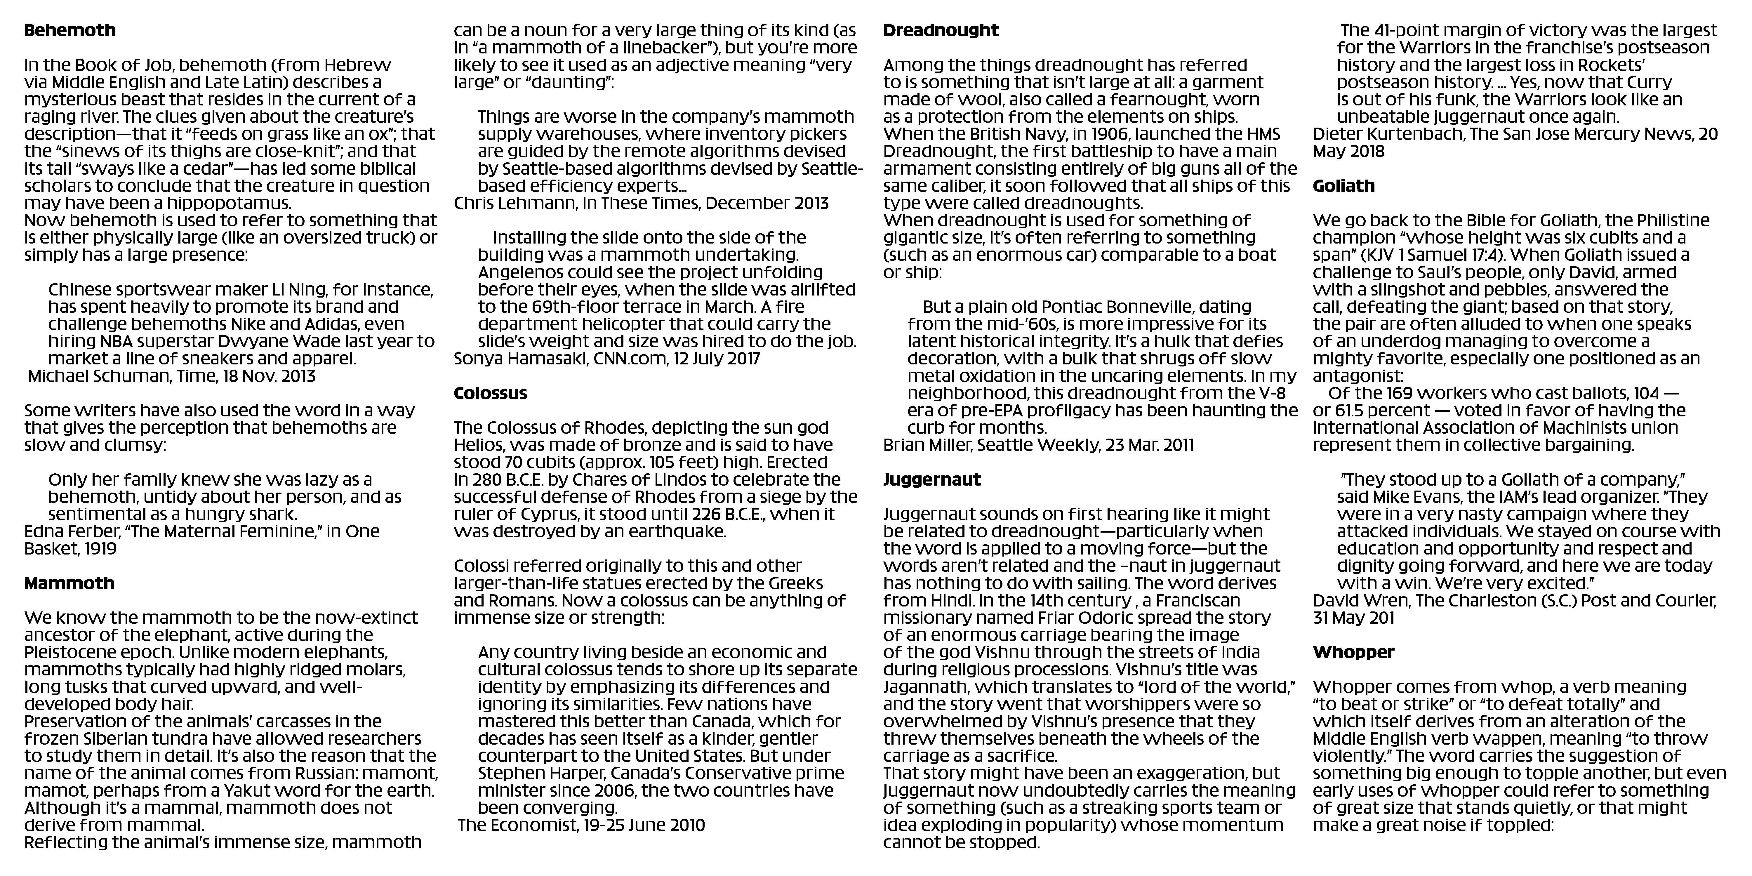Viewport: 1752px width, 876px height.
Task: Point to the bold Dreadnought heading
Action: (941, 31)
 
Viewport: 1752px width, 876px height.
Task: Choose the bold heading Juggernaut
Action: (932, 479)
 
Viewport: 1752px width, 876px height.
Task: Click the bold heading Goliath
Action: (1343, 186)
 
